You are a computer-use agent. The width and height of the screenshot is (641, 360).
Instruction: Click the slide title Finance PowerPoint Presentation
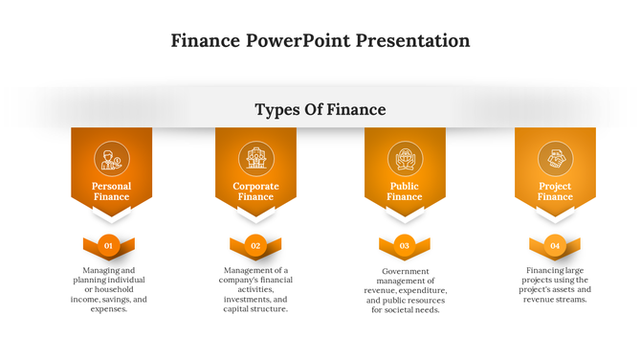tap(320, 41)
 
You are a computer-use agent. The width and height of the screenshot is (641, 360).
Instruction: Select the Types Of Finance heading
tap(320, 110)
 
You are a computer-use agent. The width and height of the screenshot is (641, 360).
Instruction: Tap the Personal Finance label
tap(111, 191)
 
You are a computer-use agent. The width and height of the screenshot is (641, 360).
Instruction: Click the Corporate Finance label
tap(255, 191)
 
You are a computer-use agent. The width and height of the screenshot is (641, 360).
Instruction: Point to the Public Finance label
tap(405, 191)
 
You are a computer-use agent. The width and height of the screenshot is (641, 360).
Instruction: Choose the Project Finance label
tap(555, 191)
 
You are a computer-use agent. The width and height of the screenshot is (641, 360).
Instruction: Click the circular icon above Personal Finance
tap(111, 158)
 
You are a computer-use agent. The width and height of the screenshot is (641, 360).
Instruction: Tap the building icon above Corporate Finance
tap(255, 158)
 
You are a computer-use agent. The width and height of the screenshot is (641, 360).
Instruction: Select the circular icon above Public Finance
tap(405, 158)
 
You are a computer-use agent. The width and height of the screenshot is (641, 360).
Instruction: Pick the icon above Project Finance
tap(555, 158)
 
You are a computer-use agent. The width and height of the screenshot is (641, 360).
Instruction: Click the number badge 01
tap(109, 246)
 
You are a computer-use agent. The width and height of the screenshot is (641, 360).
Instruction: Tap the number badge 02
tap(255, 246)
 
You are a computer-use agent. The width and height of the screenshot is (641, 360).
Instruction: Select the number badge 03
tap(405, 246)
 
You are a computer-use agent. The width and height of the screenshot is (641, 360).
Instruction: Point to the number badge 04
tap(555, 246)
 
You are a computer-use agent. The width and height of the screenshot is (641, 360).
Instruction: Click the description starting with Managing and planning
tap(109, 289)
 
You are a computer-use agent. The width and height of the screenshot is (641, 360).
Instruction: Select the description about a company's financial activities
tap(255, 289)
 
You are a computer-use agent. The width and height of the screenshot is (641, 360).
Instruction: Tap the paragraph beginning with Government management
tap(405, 290)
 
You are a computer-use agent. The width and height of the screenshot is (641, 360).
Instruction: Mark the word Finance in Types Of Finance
tap(356, 110)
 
